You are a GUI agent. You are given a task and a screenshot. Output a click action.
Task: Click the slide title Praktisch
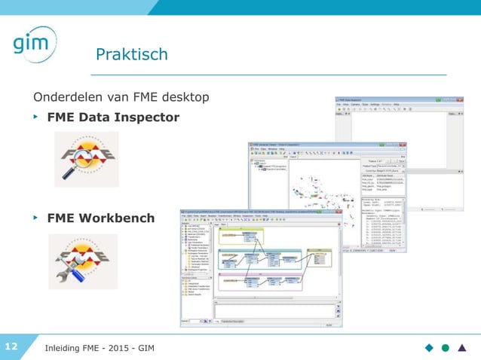pyautogui.click(x=132, y=54)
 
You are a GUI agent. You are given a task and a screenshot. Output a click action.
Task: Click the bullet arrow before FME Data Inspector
pyautogui.click(x=35, y=117)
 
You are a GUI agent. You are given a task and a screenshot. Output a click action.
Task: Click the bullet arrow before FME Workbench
pyautogui.click(x=35, y=218)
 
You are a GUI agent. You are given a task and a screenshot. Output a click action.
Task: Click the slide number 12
pyautogui.click(x=11, y=346)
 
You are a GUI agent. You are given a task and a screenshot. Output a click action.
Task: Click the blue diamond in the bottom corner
pyautogui.click(x=429, y=347)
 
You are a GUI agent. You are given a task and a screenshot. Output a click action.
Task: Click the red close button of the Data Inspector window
pyautogui.click(x=461, y=100)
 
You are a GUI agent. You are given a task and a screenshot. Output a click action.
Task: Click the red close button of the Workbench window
pyautogui.click(x=338, y=211)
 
